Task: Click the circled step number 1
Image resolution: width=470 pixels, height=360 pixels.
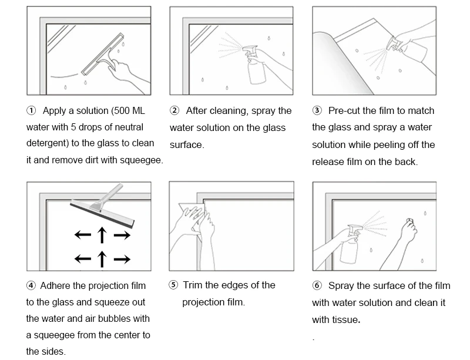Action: pyautogui.click(x=31, y=111)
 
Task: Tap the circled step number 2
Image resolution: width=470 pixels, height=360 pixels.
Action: pyautogui.click(x=174, y=111)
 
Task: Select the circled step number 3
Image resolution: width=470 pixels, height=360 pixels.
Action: pyautogui.click(x=317, y=111)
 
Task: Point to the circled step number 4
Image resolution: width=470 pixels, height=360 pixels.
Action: pyautogui.click(x=31, y=286)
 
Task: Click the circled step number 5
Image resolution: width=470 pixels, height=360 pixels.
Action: pyautogui.click(x=173, y=285)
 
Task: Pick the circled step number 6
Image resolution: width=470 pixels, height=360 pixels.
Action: pyautogui.click(x=317, y=286)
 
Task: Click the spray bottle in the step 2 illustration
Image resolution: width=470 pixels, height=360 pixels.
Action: pyautogui.click(x=256, y=69)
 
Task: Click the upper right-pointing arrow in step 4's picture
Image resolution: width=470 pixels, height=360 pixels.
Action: pyautogui.click(x=122, y=235)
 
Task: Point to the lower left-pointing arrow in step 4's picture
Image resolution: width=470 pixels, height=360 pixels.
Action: pyautogui.click(x=82, y=258)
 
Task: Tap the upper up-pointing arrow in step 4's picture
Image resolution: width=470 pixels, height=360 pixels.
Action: pyautogui.click(x=102, y=235)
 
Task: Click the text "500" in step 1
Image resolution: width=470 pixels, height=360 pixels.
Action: pyautogui.click(x=123, y=111)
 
